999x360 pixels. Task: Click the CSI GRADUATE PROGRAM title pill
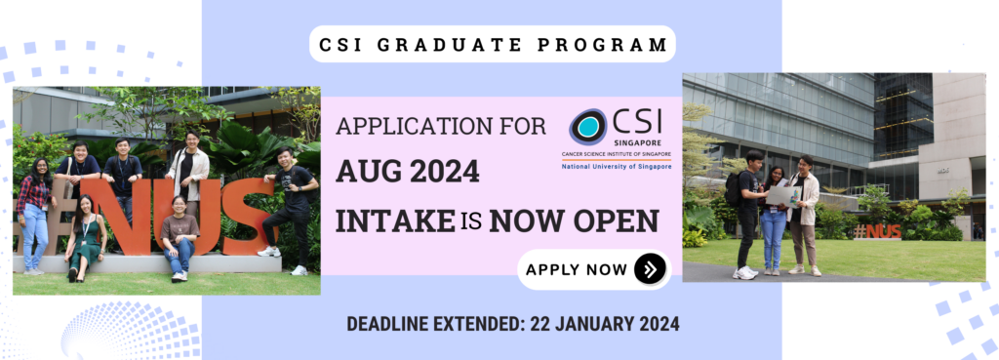pyautogui.click(x=492, y=44)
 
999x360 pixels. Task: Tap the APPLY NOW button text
pyautogui.click(x=576, y=269)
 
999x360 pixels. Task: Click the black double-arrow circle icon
pyautogui.click(x=650, y=269)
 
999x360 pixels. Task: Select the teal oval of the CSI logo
pyautogui.click(x=589, y=126)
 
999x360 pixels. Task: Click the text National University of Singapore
pyautogui.click(x=617, y=166)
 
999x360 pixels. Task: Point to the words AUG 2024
pyautogui.click(x=407, y=172)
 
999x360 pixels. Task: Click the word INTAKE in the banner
pyautogui.click(x=394, y=220)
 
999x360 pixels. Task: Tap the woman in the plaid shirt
pyautogui.click(x=34, y=216)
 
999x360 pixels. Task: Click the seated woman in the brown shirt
pyautogui.click(x=180, y=238)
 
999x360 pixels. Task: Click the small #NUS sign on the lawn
pyautogui.click(x=878, y=230)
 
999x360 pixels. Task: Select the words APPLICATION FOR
pyautogui.click(x=441, y=126)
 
